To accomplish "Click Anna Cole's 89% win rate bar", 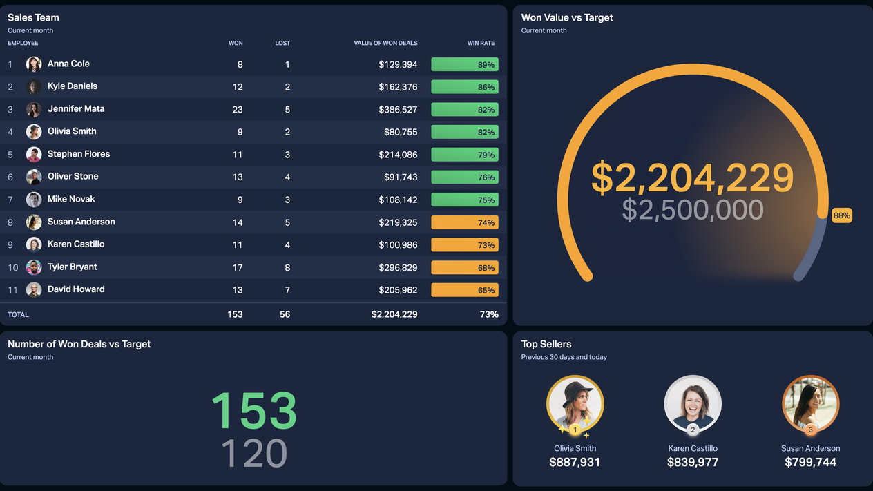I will (464, 64).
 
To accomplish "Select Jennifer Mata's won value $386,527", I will (398, 110).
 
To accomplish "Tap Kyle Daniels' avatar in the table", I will (34, 87).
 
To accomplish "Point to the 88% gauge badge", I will (841, 215).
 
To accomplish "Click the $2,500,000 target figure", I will (692, 210).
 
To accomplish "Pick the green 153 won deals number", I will (253, 410).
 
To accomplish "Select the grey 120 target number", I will (253, 454).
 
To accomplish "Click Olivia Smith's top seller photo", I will (575, 403).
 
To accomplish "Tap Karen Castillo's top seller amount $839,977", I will (692, 463).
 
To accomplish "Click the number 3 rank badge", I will (810, 430).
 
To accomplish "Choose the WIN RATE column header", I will (481, 44).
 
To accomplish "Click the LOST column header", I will (282, 44).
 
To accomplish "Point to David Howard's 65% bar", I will (464, 290).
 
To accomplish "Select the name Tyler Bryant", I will (72, 267).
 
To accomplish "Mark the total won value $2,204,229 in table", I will (394, 314).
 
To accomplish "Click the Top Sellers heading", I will (546, 344).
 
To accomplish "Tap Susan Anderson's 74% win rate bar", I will (464, 222).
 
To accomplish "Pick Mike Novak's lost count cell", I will (287, 200).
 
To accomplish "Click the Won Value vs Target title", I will (566, 18).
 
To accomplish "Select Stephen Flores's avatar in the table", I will (34, 155).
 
